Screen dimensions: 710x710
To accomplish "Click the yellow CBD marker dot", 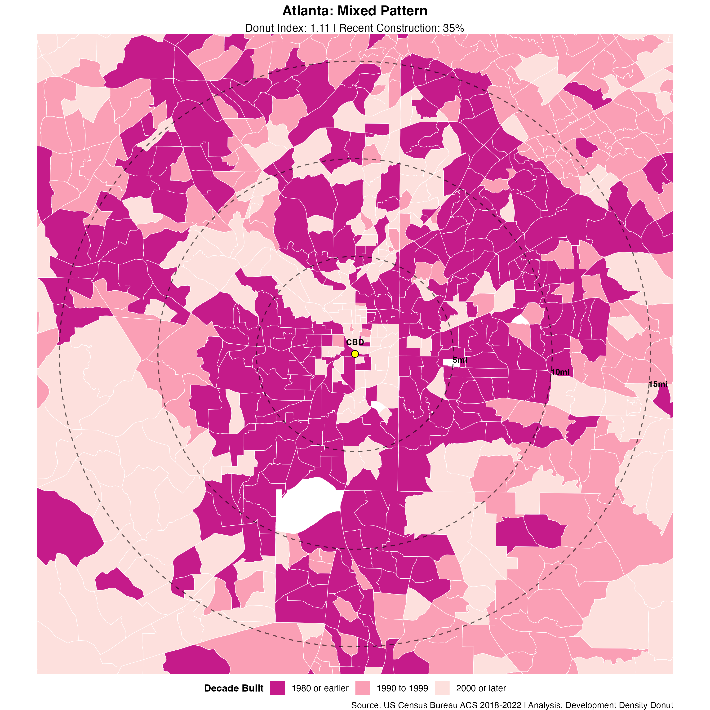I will click(355, 354).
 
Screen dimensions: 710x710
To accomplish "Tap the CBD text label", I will click(355, 342).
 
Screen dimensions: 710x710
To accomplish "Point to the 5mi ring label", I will click(460, 360).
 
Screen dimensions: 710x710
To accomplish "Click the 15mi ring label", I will click(658, 384).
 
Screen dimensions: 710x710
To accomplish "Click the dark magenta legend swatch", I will click(277, 688).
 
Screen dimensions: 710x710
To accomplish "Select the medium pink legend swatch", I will click(362, 688).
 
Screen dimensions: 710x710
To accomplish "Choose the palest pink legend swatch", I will click(442, 688).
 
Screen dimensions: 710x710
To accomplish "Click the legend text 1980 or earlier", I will click(320, 688).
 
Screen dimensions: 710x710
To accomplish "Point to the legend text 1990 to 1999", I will click(402, 688).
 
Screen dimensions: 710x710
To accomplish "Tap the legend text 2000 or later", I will click(481, 688).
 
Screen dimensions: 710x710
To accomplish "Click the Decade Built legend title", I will click(234, 688).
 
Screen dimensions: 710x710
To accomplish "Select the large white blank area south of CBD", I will click(307, 505).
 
